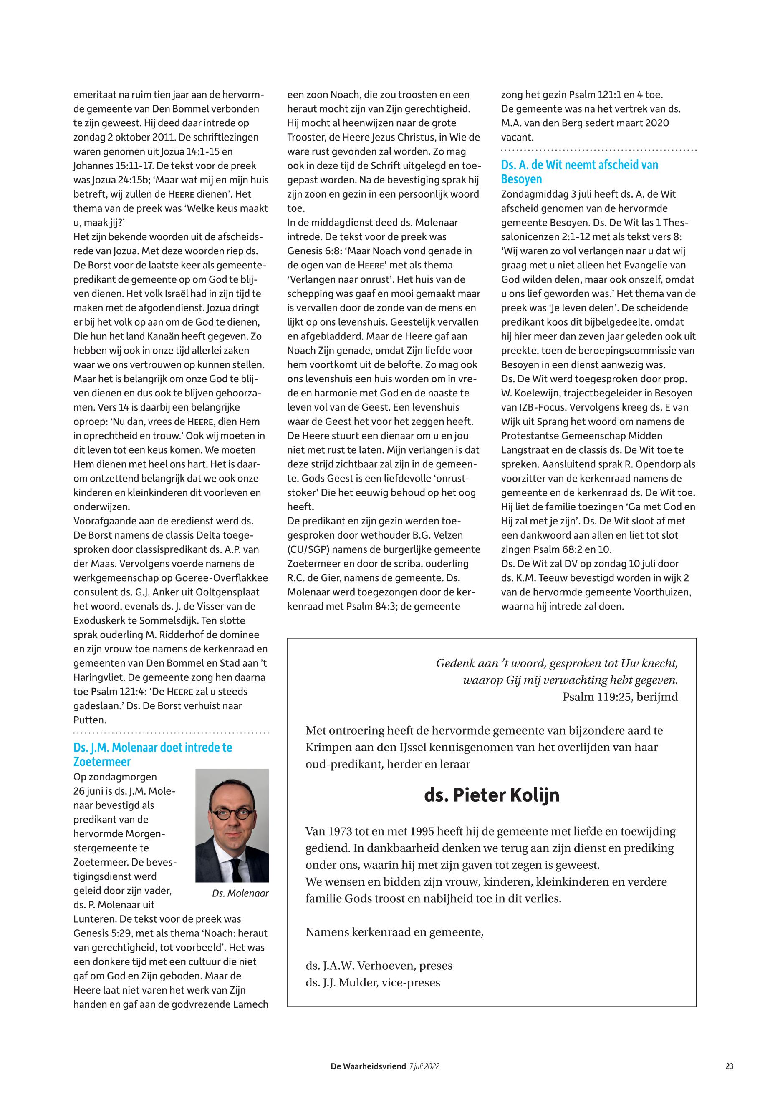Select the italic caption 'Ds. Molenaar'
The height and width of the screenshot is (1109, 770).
(240, 893)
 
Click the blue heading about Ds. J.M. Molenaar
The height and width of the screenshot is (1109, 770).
(152, 754)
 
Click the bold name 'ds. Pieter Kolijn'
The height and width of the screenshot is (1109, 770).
(492, 795)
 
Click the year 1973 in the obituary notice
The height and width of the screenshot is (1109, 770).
(339, 831)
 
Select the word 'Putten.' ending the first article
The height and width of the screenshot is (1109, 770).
(90, 720)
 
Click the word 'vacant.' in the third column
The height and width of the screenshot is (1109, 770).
(517, 137)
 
